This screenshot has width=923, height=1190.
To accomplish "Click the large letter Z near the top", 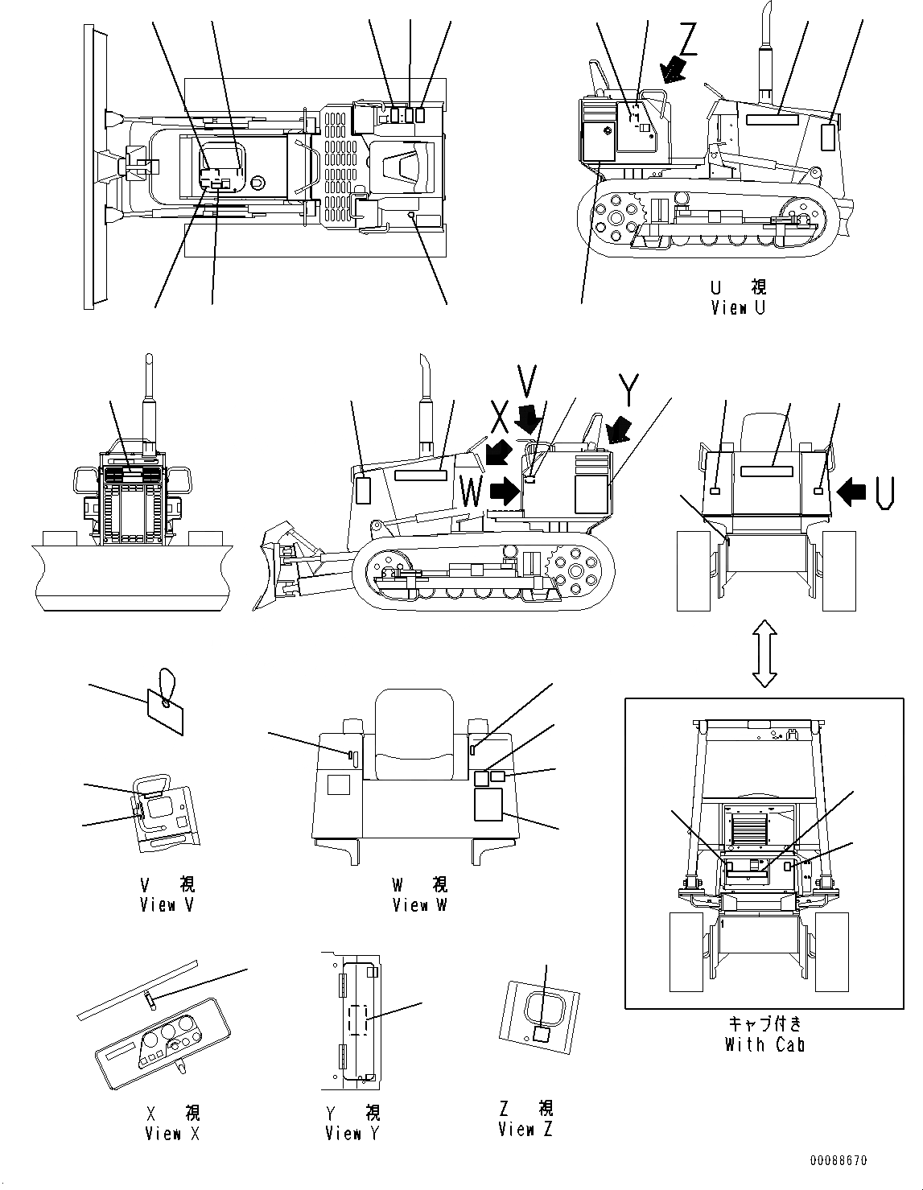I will click(688, 38).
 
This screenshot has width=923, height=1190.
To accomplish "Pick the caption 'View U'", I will click(738, 307).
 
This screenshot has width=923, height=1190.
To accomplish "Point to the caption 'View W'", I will click(419, 904).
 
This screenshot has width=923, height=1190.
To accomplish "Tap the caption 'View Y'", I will click(352, 1133).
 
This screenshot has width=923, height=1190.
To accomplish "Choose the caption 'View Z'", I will click(525, 1129).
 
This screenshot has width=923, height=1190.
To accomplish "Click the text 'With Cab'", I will click(764, 1044).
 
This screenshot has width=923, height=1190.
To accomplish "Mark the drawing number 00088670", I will click(839, 1160).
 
